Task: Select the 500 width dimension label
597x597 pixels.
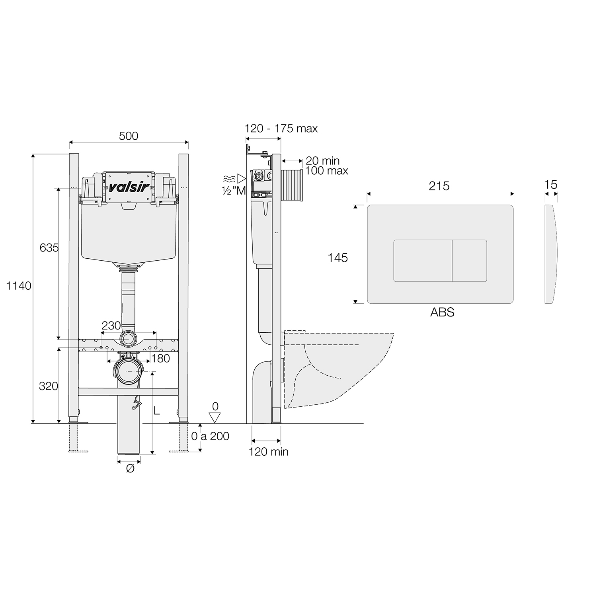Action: click(129, 136)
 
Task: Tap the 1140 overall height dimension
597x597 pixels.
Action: click(19, 286)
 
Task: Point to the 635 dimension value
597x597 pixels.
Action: click(49, 248)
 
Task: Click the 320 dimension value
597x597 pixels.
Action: click(49, 386)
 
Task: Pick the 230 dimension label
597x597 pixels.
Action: click(111, 326)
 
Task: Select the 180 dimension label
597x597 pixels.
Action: click(160, 358)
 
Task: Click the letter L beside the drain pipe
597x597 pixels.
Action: click(157, 410)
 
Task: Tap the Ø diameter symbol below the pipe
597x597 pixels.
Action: click(130, 469)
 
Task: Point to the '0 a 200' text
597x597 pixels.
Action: click(210, 436)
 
